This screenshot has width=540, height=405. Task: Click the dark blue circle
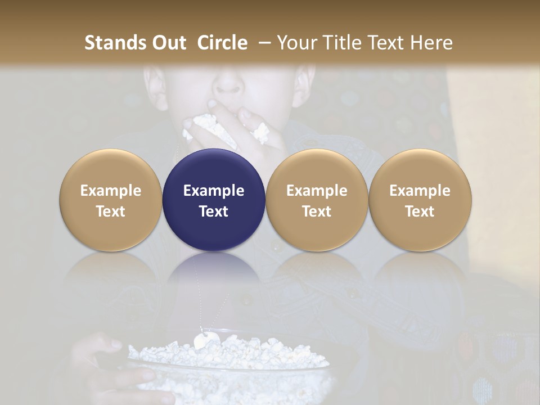pyautogui.click(x=214, y=169)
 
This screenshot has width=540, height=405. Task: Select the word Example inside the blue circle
pyautogui.click(x=214, y=191)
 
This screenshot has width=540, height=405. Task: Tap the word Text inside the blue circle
pyautogui.click(x=214, y=211)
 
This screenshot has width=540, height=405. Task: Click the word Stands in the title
pyautogui.click(x=114, y=43)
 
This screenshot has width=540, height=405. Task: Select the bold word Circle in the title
pyautogui.click(x=222, y=43)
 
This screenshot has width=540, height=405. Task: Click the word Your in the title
pyautogui.click(x=297, y=43)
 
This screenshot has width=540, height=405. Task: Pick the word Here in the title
pyautogui.click(x=431, y=43)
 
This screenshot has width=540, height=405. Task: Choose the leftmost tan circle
pyautogui.click(x=111, y=200)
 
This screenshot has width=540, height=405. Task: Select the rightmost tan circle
pyautogui.click(x=420, y=200)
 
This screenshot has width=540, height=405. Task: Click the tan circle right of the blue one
pyautogui.click(x=317, y=200)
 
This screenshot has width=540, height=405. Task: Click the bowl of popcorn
pyautogui.click(x=231, y=366)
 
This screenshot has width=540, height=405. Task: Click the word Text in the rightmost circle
pyautogui.click(x=420, y=211)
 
